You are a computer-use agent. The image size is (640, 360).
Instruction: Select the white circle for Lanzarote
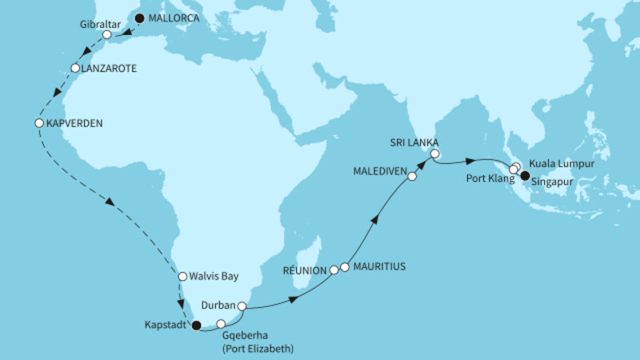click(x=74, y=69)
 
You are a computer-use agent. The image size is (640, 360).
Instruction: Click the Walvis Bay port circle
click(x=182, y=277)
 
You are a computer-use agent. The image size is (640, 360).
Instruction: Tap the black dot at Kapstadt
click(x=195, y=325)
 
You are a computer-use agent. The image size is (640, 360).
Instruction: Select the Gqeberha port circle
click(x=222, y=324)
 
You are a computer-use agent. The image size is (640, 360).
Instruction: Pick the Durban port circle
click(x=242, y=305)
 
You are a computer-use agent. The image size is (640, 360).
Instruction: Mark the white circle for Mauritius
click(x=345, y=266)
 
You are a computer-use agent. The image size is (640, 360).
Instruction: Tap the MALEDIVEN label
click(x=374, y=170)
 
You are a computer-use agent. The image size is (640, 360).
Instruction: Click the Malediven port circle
click(x=412, y=177)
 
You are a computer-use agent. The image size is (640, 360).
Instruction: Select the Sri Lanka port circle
click(x=435, y=154)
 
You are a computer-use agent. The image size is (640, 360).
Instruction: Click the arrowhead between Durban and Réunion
click(x=294, y=298)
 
